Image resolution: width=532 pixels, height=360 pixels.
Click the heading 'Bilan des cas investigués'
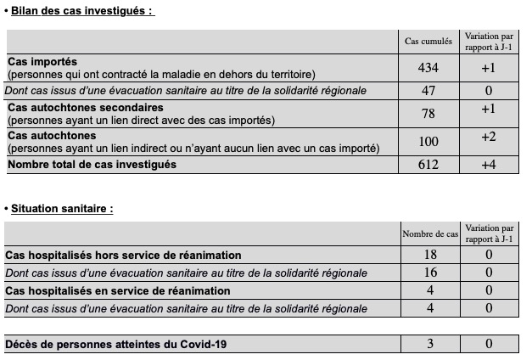82,11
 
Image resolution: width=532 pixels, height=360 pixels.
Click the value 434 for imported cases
428,68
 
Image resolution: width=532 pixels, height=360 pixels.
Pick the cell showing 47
428,90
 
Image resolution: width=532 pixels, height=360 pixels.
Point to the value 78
428,114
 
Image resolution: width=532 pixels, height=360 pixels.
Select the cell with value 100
428,141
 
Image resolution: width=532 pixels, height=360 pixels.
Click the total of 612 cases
428,165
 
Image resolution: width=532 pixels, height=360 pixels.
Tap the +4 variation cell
488,165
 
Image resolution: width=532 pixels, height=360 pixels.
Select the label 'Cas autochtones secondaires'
85,108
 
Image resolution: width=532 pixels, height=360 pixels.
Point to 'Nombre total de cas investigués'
92,164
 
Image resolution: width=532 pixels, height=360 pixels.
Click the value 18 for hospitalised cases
428,255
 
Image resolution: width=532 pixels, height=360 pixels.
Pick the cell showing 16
428,273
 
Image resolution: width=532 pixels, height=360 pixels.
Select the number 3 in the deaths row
428,344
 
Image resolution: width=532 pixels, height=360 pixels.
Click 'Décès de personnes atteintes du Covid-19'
115,344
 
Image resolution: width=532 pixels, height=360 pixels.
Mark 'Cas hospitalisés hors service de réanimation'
123,255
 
